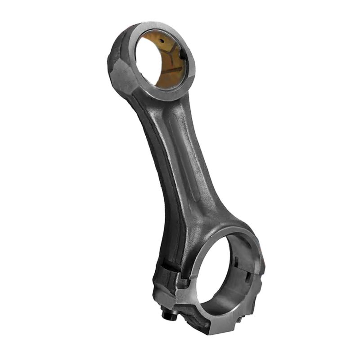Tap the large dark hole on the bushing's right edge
[x=183, y=54]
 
